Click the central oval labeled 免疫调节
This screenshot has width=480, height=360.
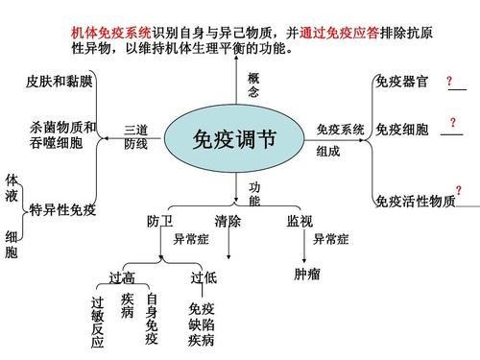[234, 139]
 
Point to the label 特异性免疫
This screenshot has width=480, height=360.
[62, 210]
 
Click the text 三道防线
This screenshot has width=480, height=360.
[136, 136]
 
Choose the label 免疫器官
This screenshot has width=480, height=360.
[401, 82]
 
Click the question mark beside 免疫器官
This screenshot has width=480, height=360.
[449, 83]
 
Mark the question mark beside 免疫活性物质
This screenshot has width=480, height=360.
[458, 192]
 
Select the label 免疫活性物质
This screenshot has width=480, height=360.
[415, 202]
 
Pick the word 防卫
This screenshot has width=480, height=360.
[159, 222]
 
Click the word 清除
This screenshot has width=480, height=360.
[228, 222]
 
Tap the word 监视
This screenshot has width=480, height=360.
[300, 222]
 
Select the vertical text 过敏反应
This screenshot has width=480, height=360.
[97, 322]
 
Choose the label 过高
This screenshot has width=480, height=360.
[121, 278]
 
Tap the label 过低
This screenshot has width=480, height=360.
[204, 278]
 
